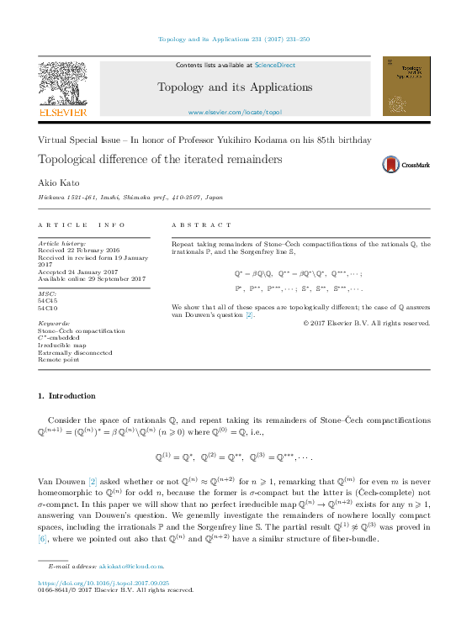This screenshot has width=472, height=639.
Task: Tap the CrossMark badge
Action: pos(406,165)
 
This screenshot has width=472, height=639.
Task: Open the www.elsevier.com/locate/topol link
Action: pos(235,112)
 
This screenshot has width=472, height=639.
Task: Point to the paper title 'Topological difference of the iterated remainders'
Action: pos(159,159)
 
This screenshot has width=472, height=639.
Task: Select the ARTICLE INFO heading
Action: pos(82,225)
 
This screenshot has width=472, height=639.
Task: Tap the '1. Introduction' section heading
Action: pos(67,395)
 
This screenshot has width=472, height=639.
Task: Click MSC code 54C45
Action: pos(48,299)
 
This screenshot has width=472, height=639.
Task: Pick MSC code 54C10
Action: pos(48,307)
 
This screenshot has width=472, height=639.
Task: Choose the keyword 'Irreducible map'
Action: pos(62,345)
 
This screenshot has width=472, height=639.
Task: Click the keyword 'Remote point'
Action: pos(60,359)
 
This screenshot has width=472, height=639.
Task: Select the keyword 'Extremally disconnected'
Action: pos(75,352)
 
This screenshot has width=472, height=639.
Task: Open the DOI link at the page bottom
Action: pos(104,582)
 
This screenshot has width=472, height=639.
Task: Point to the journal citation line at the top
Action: pos(235,39)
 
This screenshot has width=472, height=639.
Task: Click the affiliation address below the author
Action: pos(130,196)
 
